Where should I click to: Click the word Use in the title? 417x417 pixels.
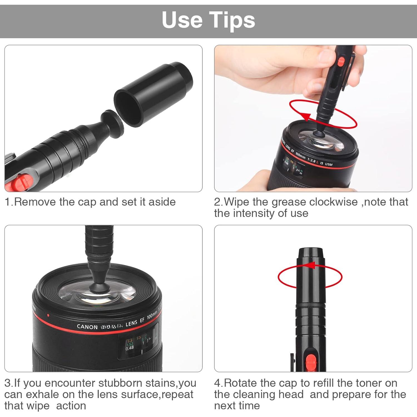click(x=182, y=20)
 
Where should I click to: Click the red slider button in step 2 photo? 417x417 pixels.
click(x=341, y=61)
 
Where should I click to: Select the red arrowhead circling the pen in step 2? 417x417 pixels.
click(x=306, y=116)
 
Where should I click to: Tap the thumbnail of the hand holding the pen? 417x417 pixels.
click(x=313, y=118)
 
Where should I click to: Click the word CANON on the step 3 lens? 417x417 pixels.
click(x=87, y=327)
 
